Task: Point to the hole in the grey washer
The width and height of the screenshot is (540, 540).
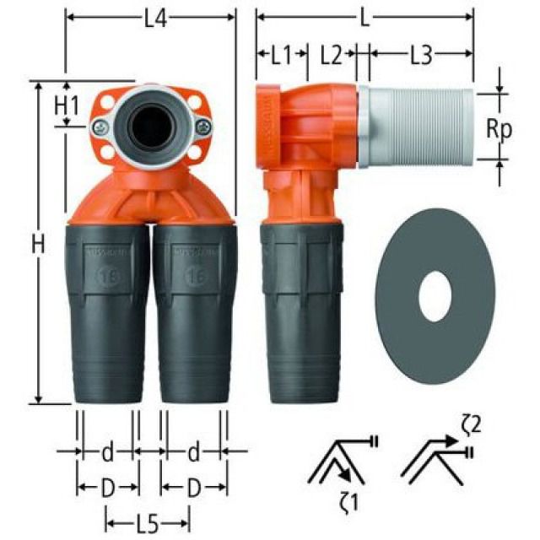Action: point(435,299)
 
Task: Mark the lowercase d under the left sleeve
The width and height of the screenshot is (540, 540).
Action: point(107,452)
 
